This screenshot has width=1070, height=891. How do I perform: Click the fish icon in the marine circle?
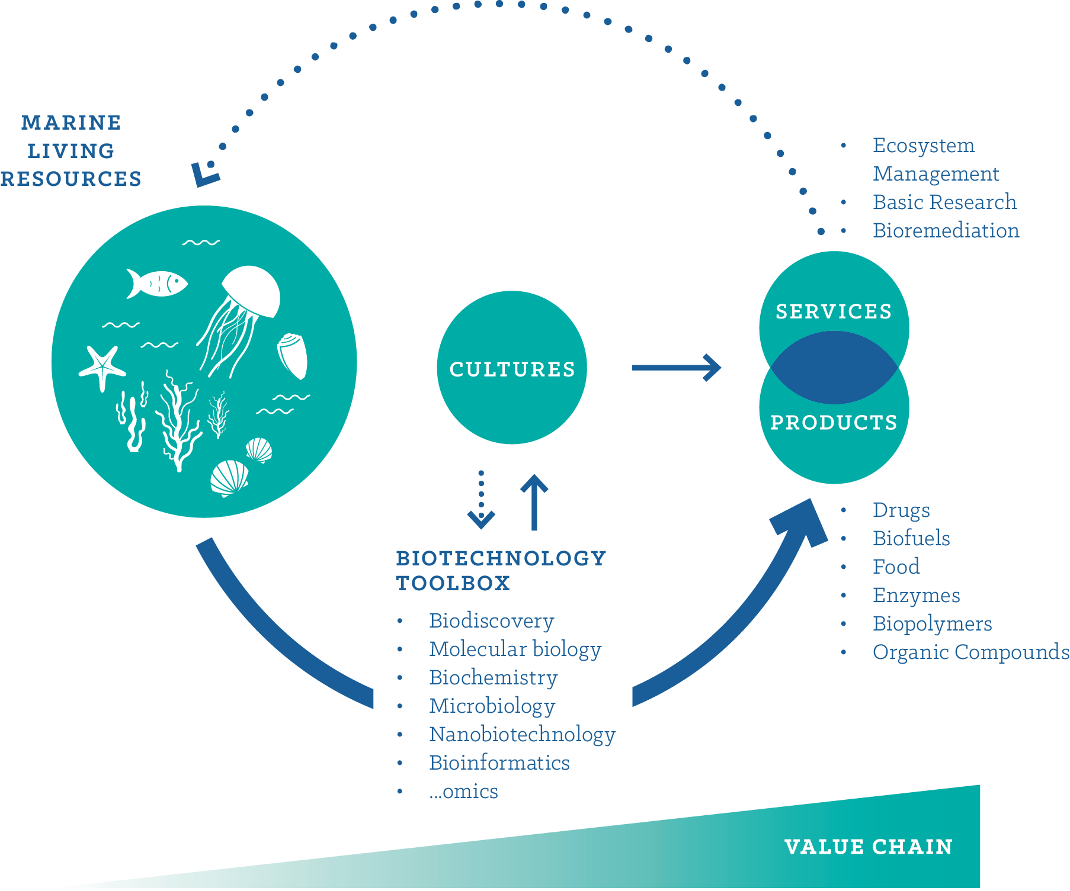(x=156, y=284)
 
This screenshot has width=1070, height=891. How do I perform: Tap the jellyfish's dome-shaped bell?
(x=252, y=290)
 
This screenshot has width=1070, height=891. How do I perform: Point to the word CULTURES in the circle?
(x=512, y=369)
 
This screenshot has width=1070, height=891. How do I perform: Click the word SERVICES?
(x=834, y=311)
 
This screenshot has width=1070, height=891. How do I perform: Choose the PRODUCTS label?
(x=834, y=422)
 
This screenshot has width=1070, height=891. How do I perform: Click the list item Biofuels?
(x=911, y=538)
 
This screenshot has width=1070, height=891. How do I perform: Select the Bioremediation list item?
(x=946, y=230)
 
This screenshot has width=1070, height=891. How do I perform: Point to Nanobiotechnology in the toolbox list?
(x=522, y=734)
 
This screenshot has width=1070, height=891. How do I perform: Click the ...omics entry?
(x=463, y=791)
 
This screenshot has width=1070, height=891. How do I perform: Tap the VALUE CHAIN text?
(x=868, y=847)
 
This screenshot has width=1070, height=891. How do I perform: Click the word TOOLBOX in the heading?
(x=453, y=583)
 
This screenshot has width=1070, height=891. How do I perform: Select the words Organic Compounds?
(x=970, y=652)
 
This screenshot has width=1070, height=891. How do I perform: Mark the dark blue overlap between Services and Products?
(x=834, y=368)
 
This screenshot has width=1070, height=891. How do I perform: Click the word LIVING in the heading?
(x=71, y=151)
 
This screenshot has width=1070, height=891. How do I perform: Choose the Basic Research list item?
(x=944, y=202)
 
